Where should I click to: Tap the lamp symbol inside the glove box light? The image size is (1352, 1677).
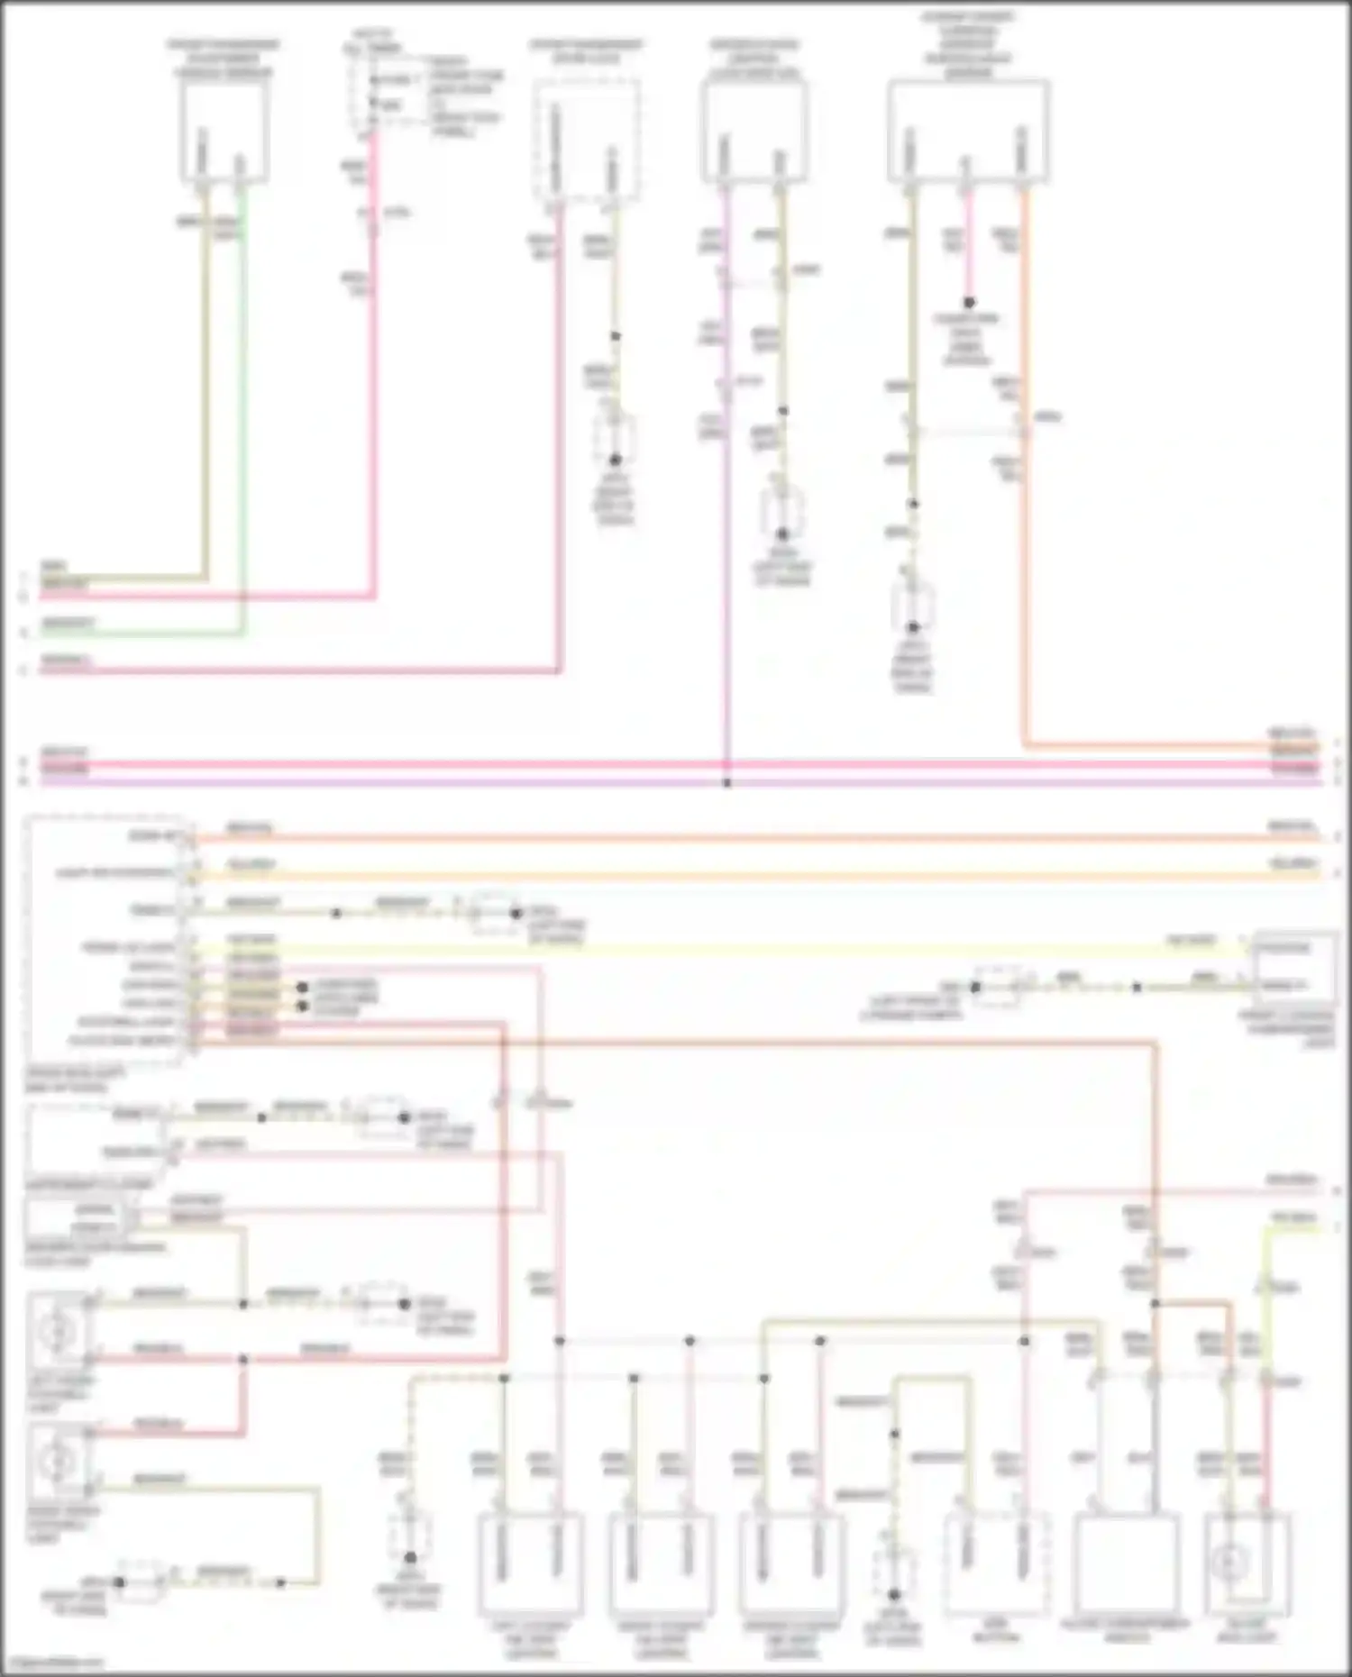(x=1231, y=1562)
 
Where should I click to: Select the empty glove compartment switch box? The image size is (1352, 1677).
(x=1126, y=1563)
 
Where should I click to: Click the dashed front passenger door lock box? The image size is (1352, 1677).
(x=586, y=140)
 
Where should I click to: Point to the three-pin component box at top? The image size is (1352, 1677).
(x=968, y=131)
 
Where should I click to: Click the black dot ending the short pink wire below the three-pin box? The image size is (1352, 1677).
(x=969, y=303)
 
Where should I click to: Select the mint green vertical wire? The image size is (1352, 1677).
(x=242, y=406)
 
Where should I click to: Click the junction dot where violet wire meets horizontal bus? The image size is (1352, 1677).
(x=726, y=783)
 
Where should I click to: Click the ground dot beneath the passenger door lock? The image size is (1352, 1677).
(x=616, y=460)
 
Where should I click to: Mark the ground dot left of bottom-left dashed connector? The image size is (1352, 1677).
(x=119, y=1581)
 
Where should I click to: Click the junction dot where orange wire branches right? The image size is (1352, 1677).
(x=1155, y=1303)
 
